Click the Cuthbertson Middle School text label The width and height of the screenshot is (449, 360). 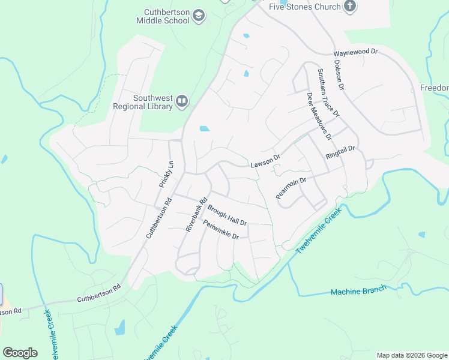point(167,16)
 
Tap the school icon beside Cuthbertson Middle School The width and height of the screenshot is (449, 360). point(200,16)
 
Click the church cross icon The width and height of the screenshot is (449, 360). point(350,7)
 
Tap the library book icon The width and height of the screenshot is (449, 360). point(182,103)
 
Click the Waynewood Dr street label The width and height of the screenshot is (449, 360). point(356,53)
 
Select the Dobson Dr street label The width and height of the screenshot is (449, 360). point(339,75)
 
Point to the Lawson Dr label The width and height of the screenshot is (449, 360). point(265,160)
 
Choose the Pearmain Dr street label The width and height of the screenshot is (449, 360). point(291,187)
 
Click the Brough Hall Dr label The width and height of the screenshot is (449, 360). point(228,215)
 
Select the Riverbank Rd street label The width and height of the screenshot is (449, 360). point(196,214)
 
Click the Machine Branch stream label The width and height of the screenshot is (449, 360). point(358,291)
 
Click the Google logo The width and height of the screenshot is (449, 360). point(20,352)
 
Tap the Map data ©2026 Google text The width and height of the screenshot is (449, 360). point(411,355)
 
